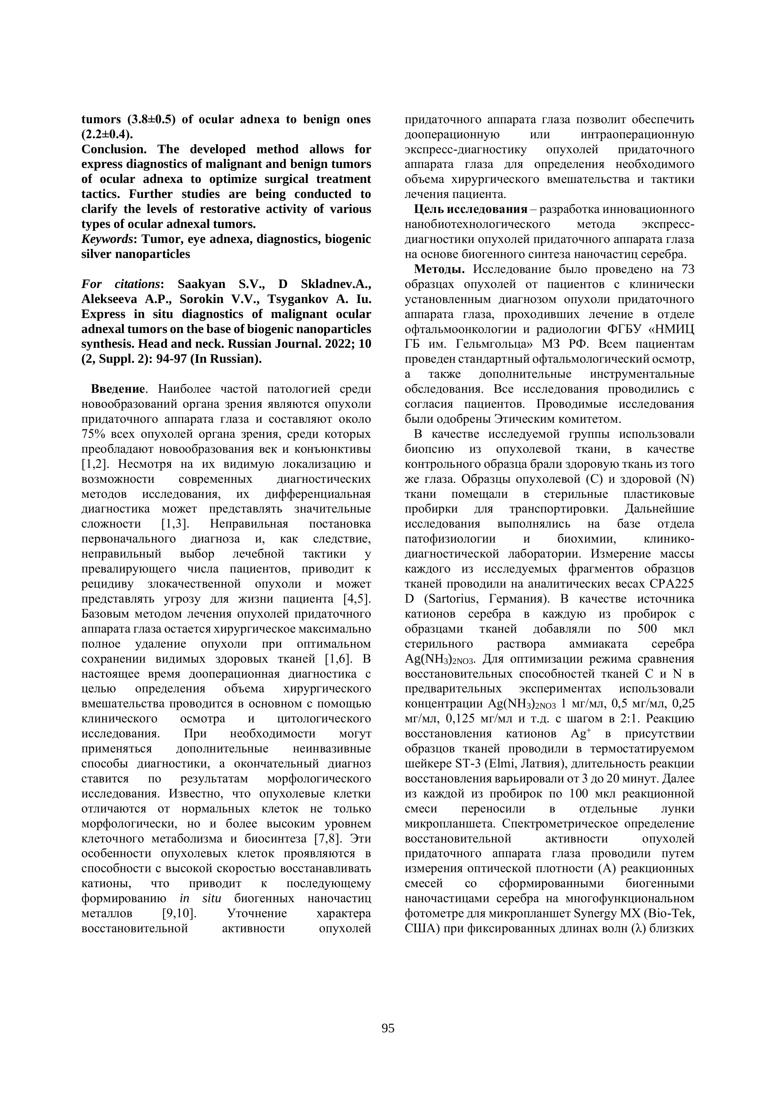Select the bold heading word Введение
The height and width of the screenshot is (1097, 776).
click(x=118, y=389)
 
